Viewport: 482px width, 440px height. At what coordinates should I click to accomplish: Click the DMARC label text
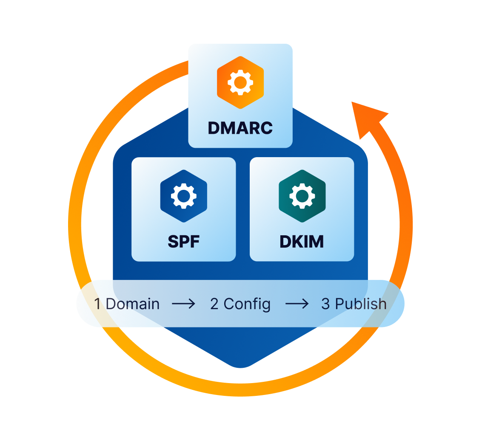(240, 128)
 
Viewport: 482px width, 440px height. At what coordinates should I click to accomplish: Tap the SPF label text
(183, 242)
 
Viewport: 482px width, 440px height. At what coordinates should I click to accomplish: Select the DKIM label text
(302, 242)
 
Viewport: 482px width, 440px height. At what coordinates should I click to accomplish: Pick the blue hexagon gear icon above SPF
(184, 196)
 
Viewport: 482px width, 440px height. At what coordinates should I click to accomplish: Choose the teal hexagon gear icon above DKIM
(302, 196)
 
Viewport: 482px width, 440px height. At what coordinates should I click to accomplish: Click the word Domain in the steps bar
(132, 304)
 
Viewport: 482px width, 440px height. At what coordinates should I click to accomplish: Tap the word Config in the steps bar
(247, 304)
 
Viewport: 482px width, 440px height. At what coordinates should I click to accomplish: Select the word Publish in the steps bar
(361, 304)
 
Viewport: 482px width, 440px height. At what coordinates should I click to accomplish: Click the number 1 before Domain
(97, 304)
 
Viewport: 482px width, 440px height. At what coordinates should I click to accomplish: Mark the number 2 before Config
(214, 304)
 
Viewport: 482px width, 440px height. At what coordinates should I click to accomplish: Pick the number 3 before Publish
(325, 304)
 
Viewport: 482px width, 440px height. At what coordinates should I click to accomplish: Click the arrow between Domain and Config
(183, 304)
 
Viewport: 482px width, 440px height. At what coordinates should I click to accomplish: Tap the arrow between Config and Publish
(297, 304)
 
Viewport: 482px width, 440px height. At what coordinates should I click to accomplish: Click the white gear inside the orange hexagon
(240, 82)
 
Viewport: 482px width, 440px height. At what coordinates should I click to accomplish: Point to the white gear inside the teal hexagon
(302, 196)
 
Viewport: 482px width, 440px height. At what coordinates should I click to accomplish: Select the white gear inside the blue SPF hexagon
(184, 196)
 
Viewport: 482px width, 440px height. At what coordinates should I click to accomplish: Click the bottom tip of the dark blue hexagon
(240, 366)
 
